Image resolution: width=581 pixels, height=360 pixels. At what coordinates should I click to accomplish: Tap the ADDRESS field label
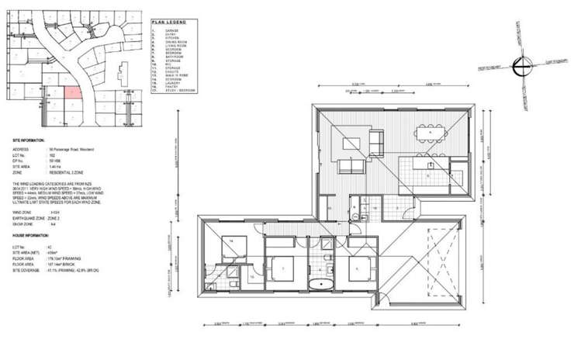(21, 148)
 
